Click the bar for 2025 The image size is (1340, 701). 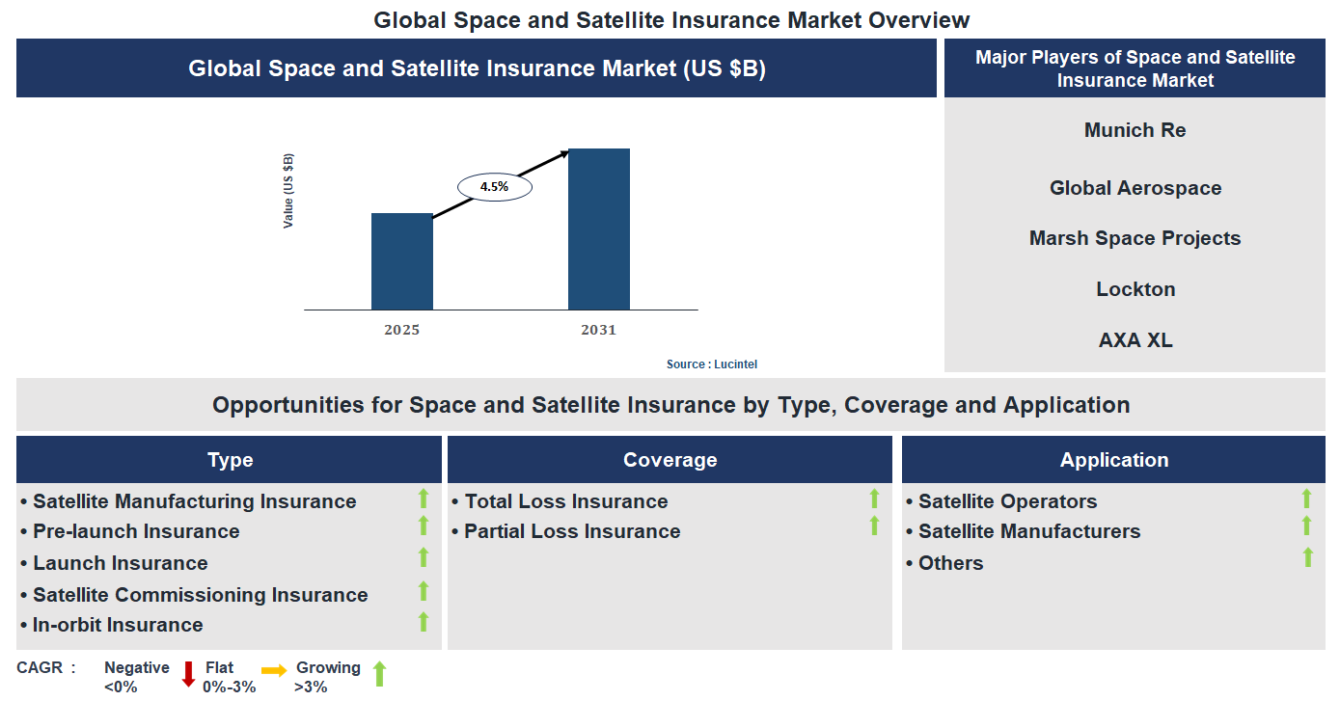pyautogui.click(x=402, y=261)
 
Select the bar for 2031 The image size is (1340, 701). pyautogui.click(x=598, y=229)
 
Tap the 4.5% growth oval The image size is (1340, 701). pyautogui.click(x=494, y=186)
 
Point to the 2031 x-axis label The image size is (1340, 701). pyautogui.click(x=598, y=330)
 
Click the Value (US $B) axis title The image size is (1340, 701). pyautogui.click(x=288, y=191)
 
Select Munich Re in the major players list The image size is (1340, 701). pyautogui.click(x=1135, y=130)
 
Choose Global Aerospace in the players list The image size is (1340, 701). pyautogui.click(x=1135, y=188)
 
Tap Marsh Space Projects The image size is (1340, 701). pyautogui.click(x=1135, y=238)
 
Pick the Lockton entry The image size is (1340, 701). pyautogui.click(x=1135, y=289)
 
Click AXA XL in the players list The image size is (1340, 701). pyautogui.click(x=1135, y=340)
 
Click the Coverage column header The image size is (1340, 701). pyautogui.click(x=670, y=460)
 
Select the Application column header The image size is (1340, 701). pyautogui.click(x=1113, y=460)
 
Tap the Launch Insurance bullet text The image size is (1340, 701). pyautogui.click(x=120, y=563)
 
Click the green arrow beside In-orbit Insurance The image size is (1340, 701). pyautogui.click(x=423, y=622)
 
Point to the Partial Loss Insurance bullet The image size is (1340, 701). pyautogui.click(x=571, y=531)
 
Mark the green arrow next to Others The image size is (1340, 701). pyautogui.click(x=1307, y=557)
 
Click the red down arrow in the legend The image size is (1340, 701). pyautogui.click(x=189, y=673)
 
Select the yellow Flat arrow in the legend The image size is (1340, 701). pyautogui.click(x=274, y=670)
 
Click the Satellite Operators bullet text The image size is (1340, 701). pyautogui.click(x=1007, y=501)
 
